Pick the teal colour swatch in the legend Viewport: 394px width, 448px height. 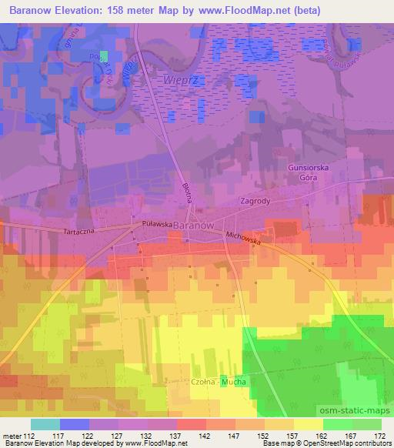(x=45, y=424)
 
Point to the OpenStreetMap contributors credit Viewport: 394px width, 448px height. (x=349, y=444)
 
